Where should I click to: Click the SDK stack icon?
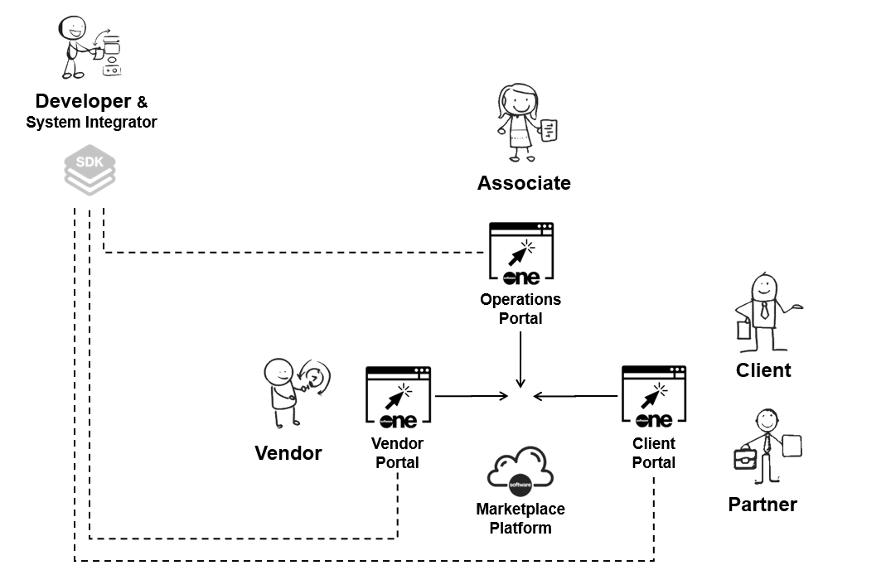click(90, 172)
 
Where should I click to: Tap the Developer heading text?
click(83, 102)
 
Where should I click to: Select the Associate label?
click(524, 183)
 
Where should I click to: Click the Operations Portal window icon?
click(521, 254)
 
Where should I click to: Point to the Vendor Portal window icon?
click(398, 398)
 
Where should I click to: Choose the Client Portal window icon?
click(655, 398)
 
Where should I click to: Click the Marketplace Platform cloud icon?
click(520, 471)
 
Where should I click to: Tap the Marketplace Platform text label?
click(520, 518)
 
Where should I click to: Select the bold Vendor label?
click(288, 453)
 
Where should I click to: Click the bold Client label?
click(763, 370)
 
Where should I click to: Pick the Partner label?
click(763, 505)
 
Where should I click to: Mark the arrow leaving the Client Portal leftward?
click(575, 396)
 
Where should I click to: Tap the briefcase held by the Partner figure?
click(744, 457)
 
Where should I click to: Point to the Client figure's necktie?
click(763, 311)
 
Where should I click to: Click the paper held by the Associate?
click(549, 131)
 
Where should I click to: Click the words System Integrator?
click(91, 123)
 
